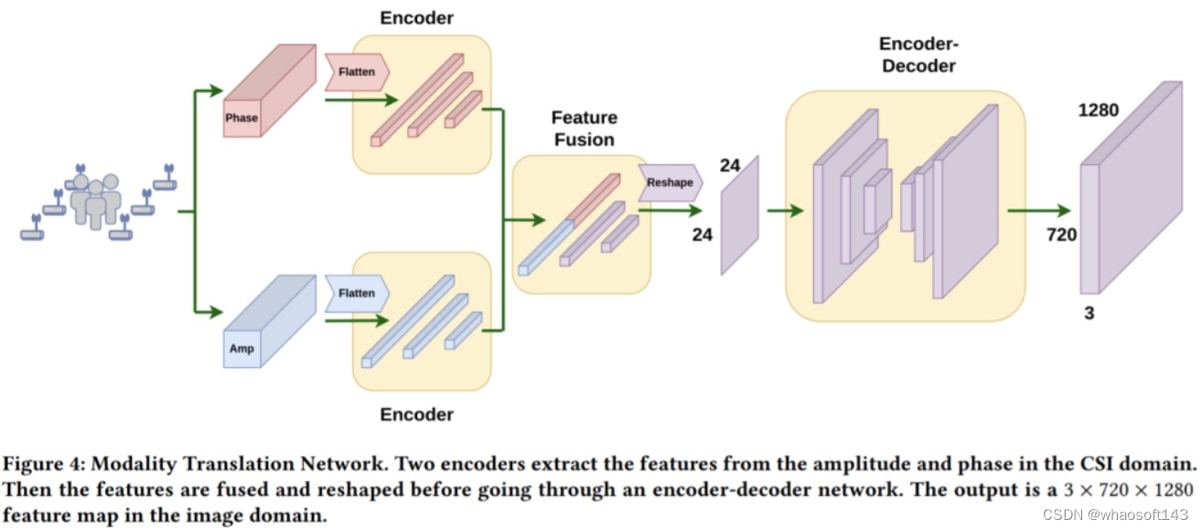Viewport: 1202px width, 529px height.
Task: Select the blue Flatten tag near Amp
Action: tap(357, 293)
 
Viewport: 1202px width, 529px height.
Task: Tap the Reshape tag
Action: tap(670, 183)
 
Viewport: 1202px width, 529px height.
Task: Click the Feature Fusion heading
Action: tap(584, 128)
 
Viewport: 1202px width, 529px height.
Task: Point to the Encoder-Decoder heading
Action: tap(918, 54)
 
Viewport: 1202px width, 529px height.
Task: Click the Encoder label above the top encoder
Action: tap(416, 17)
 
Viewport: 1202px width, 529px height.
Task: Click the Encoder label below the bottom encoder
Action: tap(416, 414)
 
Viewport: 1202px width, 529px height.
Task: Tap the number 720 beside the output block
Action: tap(1061, 235)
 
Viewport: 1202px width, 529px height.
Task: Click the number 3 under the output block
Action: tap(1089, 313)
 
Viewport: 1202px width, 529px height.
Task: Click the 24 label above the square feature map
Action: tap(729, 165)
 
